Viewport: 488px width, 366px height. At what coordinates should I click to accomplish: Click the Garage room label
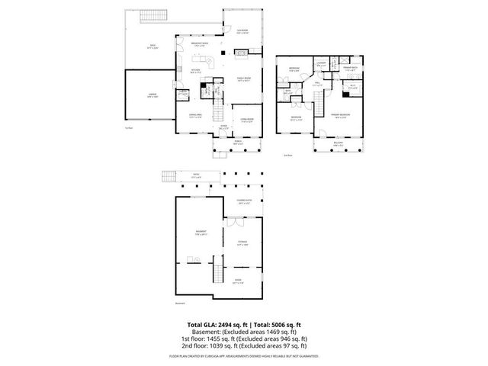[x=142, y=95]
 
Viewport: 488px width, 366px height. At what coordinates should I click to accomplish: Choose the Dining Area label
[x=195, y=116]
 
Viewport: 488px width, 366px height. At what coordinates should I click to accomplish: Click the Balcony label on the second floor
[x=338, y=143]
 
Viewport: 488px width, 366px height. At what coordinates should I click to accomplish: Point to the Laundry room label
[x=322, y=64]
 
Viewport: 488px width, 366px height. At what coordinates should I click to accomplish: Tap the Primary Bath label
[x=351, y=69]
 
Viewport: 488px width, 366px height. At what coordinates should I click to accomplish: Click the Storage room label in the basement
[x=242, y=243]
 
